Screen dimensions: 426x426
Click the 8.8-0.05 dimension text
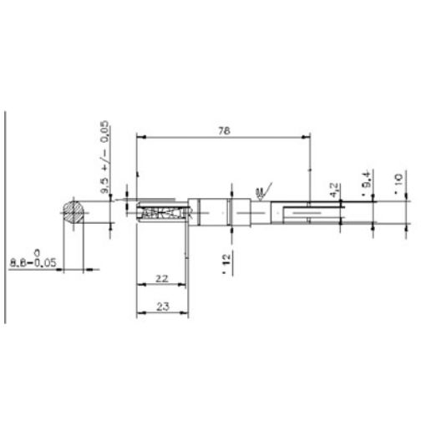pos(33,261)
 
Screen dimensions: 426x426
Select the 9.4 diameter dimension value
pos(365,181)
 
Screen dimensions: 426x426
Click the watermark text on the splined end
pos(167,214)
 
